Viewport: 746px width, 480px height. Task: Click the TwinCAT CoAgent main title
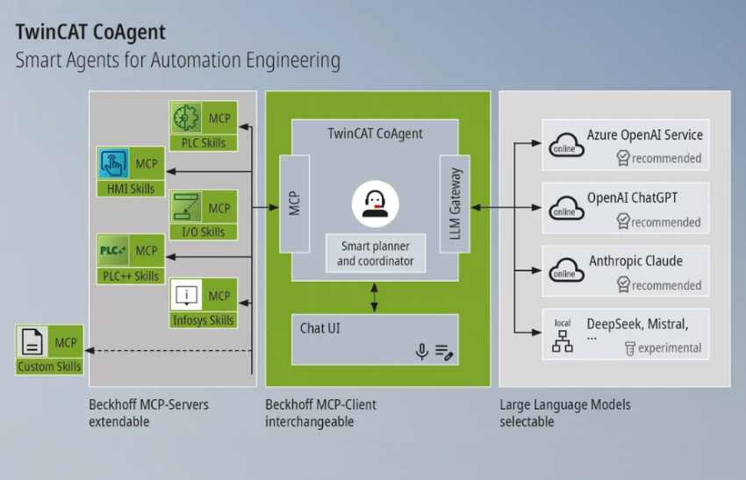(90, 33)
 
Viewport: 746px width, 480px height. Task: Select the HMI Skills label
(131, 188)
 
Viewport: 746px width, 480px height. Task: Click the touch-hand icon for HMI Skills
(114, 164)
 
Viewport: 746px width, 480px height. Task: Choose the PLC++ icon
(115, 251)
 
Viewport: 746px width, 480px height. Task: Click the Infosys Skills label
(203, 319)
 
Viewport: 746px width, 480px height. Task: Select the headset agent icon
(375, 204)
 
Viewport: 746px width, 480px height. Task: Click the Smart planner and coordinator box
(375, 254)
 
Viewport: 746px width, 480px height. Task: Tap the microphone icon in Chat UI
(422, 352)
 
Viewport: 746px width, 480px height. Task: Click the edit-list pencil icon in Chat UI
(445, 353)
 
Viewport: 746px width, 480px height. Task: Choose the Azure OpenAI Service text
(645, 135)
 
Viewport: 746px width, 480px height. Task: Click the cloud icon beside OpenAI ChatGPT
(564, 207)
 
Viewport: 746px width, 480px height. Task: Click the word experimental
(670, 347)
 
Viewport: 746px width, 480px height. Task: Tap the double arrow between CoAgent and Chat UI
(375, 297)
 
